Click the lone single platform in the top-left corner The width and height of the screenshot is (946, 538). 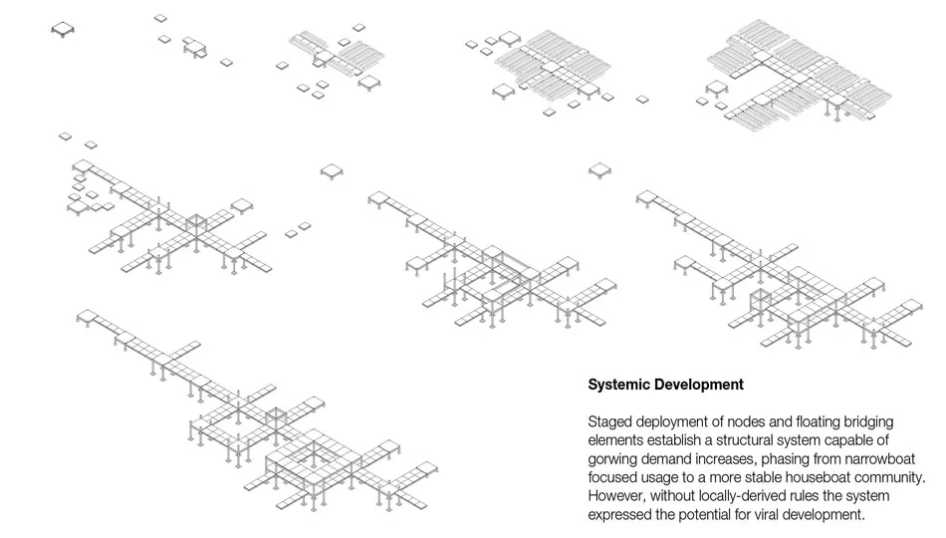click(x=63, y=29)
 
